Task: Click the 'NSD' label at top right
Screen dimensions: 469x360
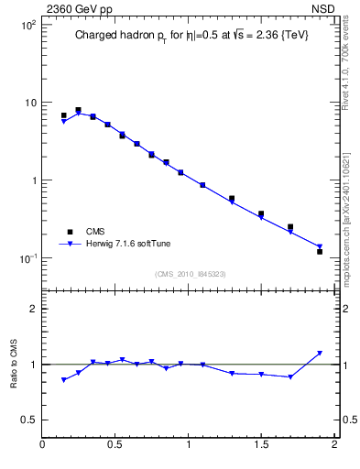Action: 322,7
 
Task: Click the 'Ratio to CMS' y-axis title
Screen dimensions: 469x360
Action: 14,364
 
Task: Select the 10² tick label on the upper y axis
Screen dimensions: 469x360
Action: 28,25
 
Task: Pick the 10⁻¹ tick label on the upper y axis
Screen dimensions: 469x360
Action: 27,258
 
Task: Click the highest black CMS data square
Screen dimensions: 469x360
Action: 78,110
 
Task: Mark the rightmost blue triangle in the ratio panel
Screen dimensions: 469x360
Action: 320,354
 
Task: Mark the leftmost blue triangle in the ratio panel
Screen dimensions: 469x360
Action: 63,379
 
